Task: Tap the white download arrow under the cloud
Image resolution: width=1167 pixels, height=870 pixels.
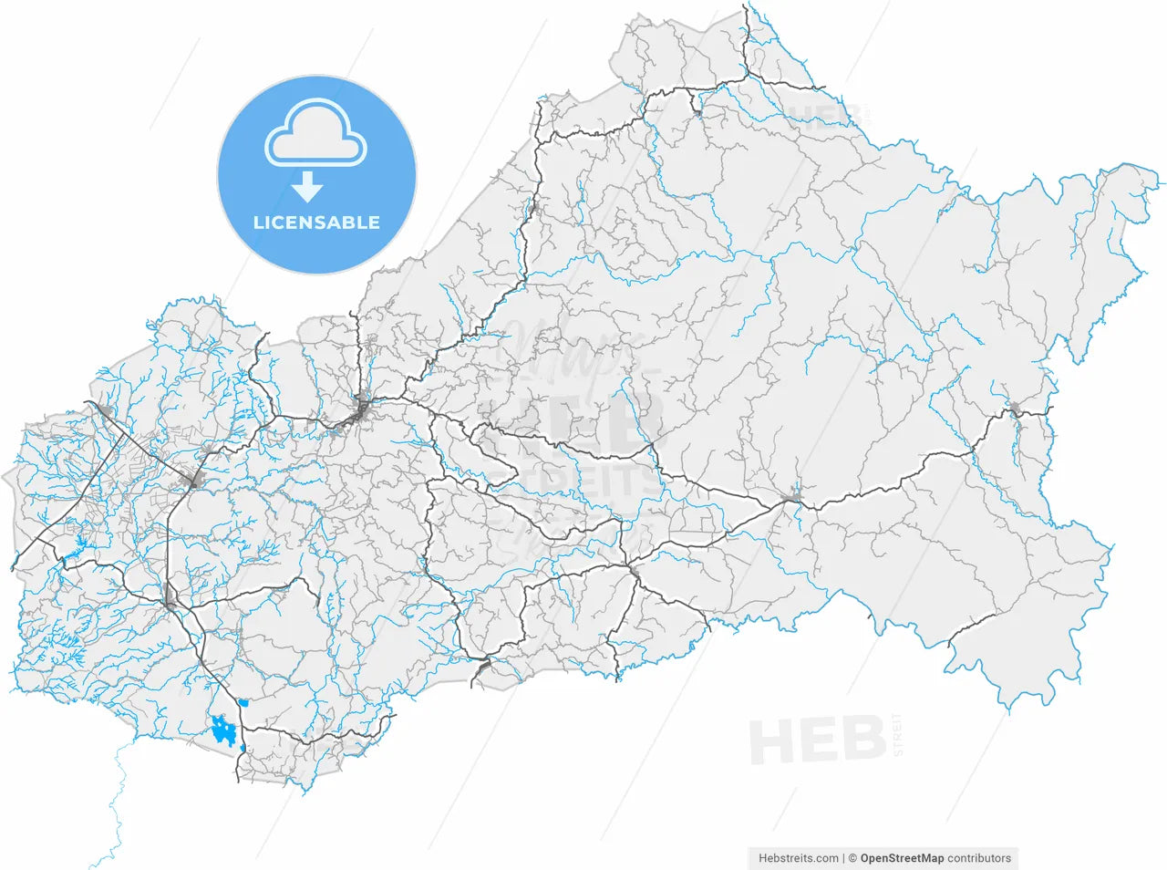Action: point(308,186)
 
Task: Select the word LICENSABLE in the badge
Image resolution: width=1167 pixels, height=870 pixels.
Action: point(316,223)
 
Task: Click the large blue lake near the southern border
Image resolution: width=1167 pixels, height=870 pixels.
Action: point(222,730)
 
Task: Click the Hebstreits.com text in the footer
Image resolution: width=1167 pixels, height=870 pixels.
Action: point(799,858)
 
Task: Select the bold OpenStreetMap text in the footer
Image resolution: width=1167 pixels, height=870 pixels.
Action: point(902,858)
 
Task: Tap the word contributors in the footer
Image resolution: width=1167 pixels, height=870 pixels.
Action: point(979,858)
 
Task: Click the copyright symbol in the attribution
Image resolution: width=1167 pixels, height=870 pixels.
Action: point(852,858)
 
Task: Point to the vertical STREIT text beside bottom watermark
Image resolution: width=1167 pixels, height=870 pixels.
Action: point(897,735)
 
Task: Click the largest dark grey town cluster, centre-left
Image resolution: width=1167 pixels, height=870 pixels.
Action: point(361,412)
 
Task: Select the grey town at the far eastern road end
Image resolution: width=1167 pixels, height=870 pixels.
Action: point(1014,409)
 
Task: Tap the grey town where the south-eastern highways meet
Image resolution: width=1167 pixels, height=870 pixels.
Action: point(790,498)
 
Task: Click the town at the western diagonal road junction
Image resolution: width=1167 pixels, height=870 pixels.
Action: point(192,480)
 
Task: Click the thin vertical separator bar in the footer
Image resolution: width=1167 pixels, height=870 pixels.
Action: point(844,858)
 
